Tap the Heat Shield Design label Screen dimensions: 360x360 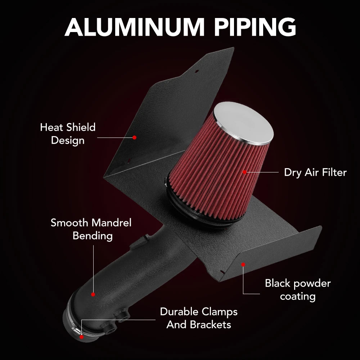tap(68, 134)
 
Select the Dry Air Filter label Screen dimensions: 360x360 tap(315, 172)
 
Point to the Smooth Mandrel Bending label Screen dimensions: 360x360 tap(91, 229)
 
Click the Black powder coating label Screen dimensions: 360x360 tap(298, 289)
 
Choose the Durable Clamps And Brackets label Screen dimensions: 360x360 tap(199, 318)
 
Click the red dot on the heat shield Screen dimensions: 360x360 tap(135, 137)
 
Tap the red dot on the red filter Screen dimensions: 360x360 tap(245, 172)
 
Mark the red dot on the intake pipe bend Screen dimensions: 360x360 tap(93, 294)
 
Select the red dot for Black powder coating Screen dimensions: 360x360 tap(243, 265)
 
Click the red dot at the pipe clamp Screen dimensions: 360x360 tap(81, 337)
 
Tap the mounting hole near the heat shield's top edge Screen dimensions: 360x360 tap(197, 71)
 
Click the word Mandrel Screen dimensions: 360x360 tap(111, 223)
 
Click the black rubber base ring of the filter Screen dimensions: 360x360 tap(202, 210)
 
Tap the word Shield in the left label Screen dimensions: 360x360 tap(81, 127)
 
